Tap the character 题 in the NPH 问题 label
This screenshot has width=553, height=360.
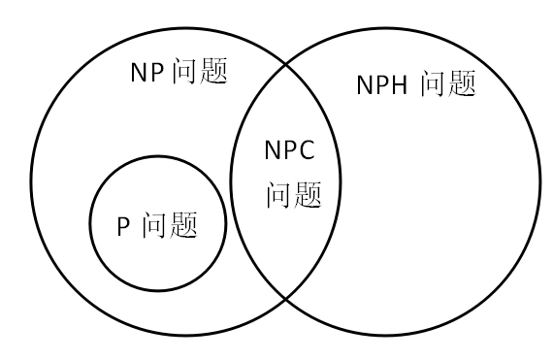(x=461, y=84)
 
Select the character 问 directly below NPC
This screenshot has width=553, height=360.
(x=278, y=194)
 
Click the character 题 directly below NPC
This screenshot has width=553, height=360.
(x=307, y=194)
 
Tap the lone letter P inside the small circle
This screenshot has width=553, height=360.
(x=124, y=226)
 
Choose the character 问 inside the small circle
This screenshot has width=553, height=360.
(x=154, y=225)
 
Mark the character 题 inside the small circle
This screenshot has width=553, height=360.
(x=183, y=225)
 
